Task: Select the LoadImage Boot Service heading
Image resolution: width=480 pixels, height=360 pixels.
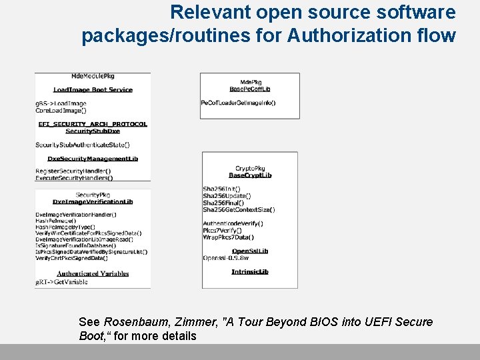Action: (93, 89)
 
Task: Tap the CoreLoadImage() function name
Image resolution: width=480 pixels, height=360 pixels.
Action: (61, 110)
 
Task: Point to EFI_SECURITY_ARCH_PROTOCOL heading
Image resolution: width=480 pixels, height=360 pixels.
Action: (93, 124)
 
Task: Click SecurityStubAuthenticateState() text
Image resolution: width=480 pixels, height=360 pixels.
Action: (82, 144)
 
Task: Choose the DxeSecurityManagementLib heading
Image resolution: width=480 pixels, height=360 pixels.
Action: (93, 159)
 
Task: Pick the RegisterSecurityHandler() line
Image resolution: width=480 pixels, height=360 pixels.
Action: (73, 171)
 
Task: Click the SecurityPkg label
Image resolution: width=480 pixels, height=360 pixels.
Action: (93, 195)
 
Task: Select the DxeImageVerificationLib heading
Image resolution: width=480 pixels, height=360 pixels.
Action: (93, 201)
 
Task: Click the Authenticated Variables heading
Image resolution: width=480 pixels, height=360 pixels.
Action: (93, 273)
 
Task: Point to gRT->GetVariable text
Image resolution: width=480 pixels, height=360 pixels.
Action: (61, 282)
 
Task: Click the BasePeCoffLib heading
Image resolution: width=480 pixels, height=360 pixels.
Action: (250, 89)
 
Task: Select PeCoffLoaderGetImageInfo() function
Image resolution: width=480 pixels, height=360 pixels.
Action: (238, 103)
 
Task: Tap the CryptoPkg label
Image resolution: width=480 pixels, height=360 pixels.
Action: (250, 169)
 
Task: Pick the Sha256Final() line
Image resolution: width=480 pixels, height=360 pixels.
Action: (222, 203)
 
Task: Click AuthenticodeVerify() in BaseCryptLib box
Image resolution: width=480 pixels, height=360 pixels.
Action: (233, 223)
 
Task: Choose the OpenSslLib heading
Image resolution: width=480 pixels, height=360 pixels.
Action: (250, 251)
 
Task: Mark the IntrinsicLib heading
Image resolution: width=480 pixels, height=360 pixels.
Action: (250, 271)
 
